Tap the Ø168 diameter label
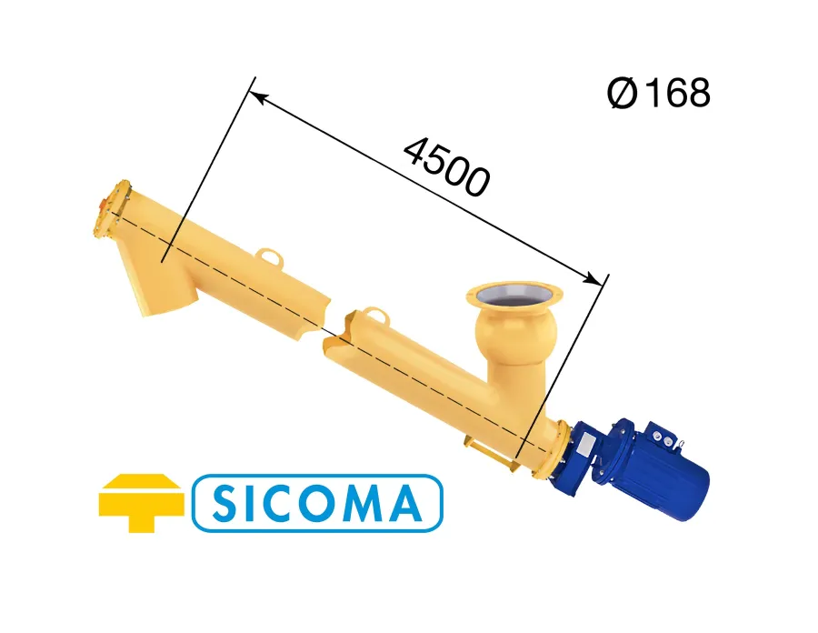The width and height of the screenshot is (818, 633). [658, 93]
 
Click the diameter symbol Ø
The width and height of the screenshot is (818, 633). [623, 94]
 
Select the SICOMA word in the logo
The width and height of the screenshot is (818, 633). [316, 503]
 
